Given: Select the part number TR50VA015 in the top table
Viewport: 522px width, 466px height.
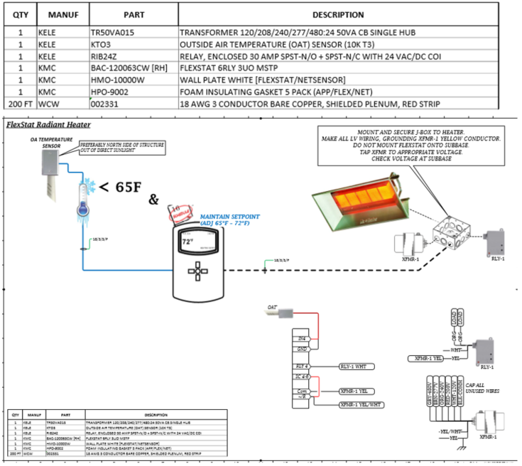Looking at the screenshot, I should (x=112, y=33).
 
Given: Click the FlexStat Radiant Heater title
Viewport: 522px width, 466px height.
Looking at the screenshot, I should (x=48, y=124).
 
